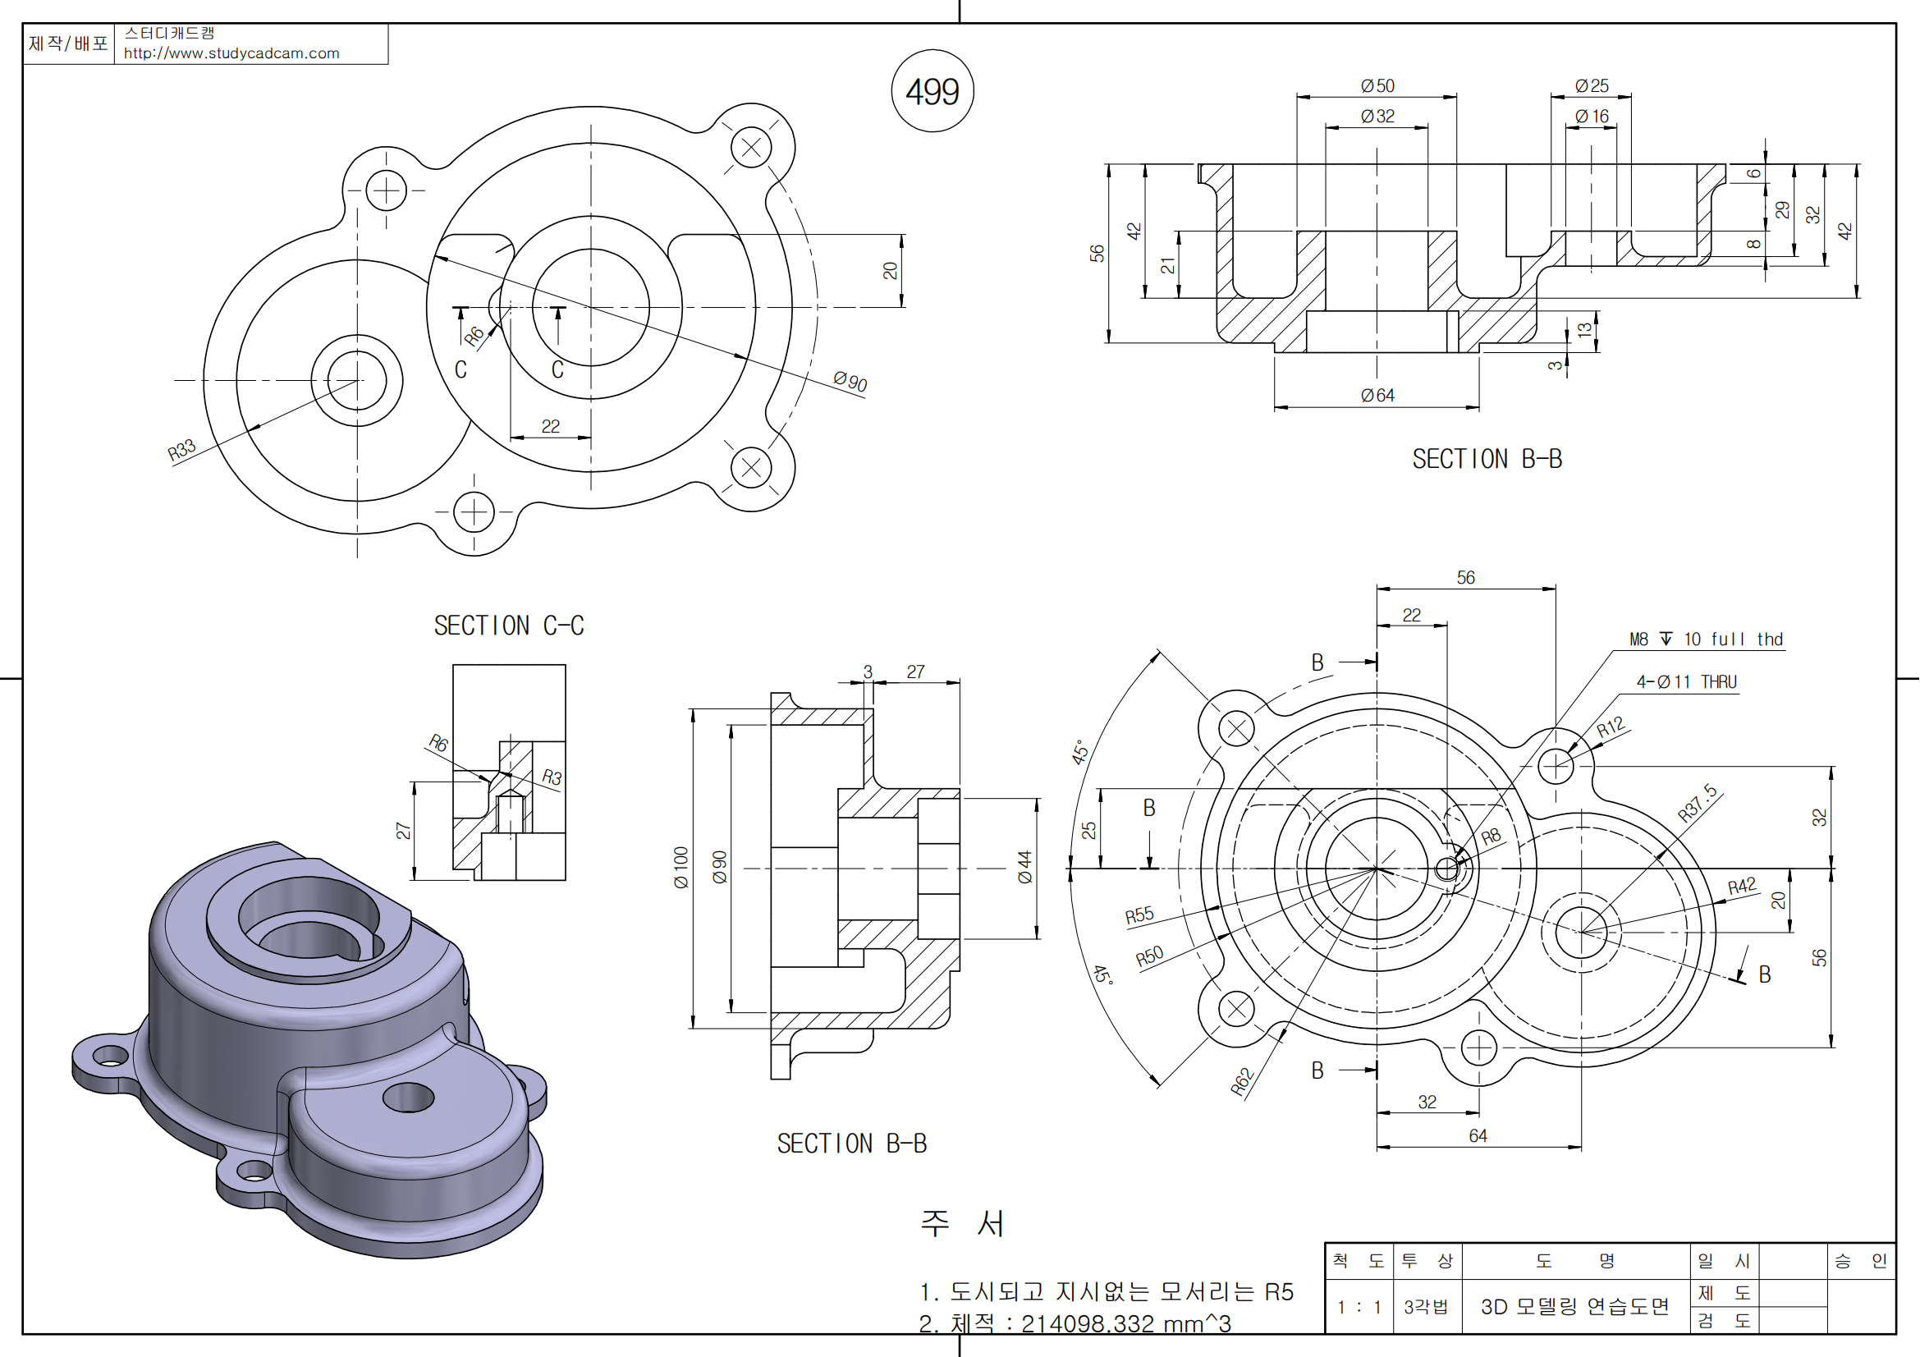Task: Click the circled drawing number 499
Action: (x=933, y=91)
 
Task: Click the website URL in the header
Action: (x=231, y=53)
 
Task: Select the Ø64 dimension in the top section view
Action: (x=1377, y=396)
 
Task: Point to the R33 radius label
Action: (x=181, y=450)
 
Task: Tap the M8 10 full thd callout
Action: (x=1706, y=640)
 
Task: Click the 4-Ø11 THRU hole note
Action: (x=1686, y=682)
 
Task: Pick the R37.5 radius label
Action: (x=1698, y=804)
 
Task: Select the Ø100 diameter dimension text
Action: (x=680, y=867)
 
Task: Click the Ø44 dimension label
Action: (x=1025, y=867)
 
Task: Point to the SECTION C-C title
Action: (x=508, y=626)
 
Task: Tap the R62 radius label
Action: (x=1243, y=1081)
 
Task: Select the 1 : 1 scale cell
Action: (x=1359, y=1307)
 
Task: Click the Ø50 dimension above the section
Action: (x=1377, y=86)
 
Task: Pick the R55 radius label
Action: (x=1139, y=915)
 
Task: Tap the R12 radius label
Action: (x=1610, y=727)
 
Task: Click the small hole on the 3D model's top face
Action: (x=408, y=1097)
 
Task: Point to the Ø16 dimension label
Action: (x=1592, y=117)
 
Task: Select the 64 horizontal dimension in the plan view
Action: (x=1478, y=1135)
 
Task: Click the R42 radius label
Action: (x=1742, y=887)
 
